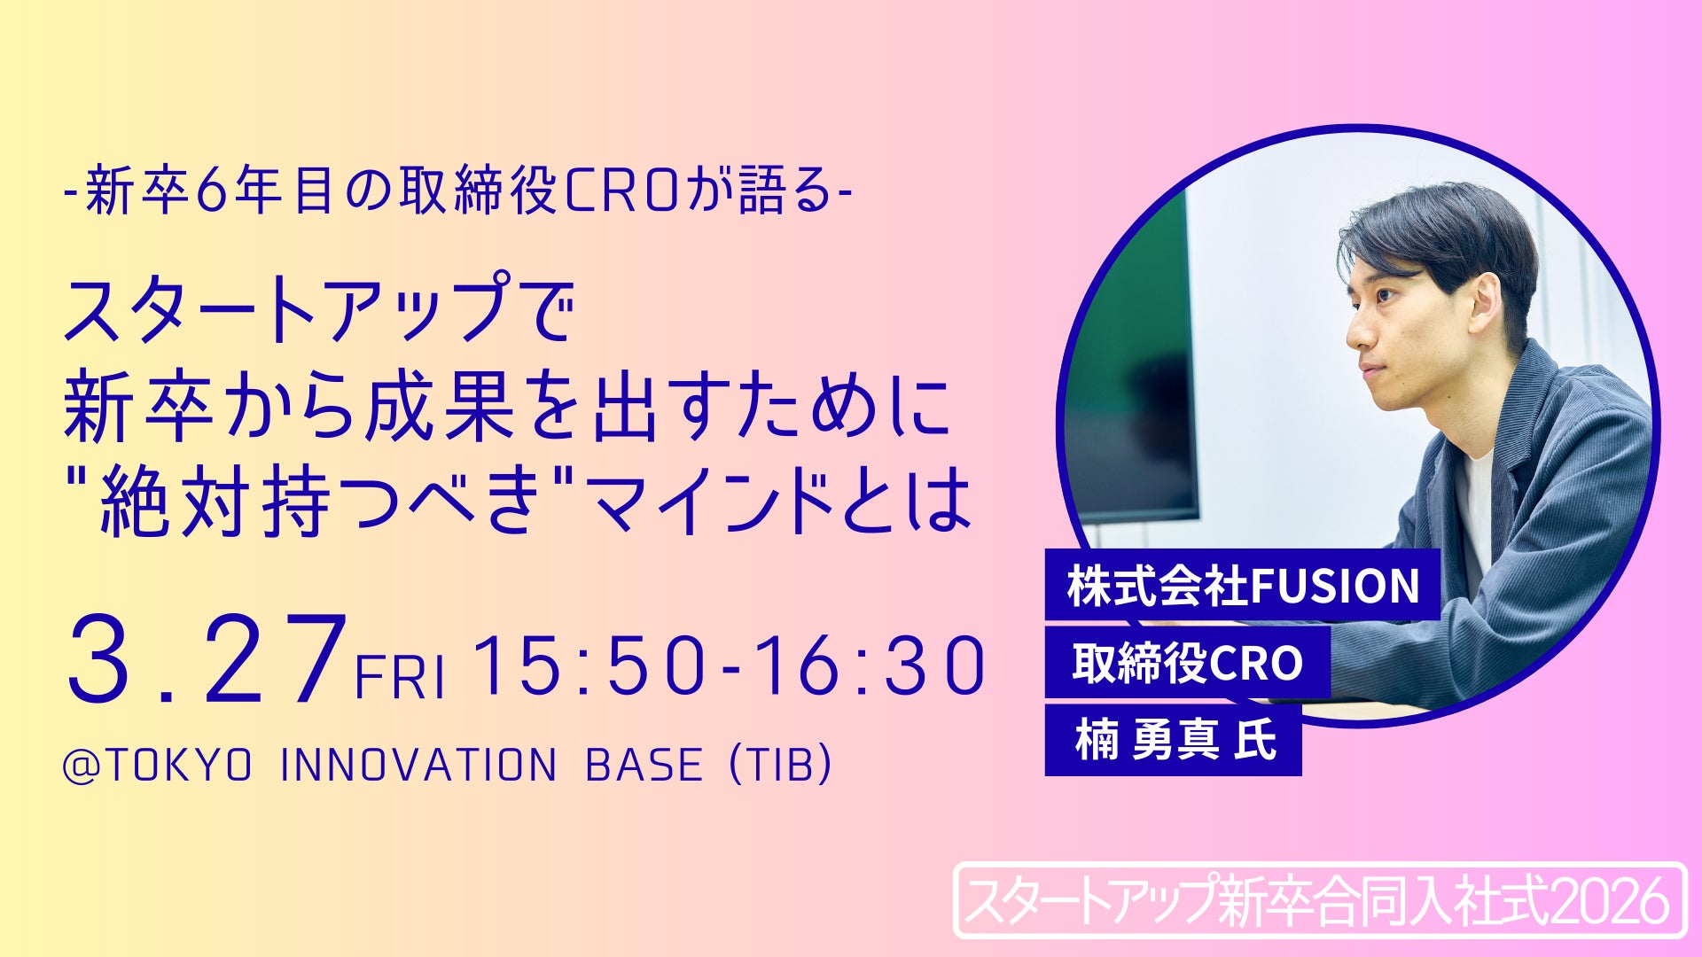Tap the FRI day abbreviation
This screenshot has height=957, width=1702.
pyautogui.click(x=400, y=678)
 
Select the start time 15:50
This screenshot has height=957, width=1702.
pyautogui.click(x=590, y=665)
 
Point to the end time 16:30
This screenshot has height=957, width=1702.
pyautogui.click(x=870, y=665)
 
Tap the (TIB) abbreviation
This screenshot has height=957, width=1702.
pyautogui.click(x=781, y=766)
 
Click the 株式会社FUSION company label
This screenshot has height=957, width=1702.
pyautogui.click(x=1243, y=586)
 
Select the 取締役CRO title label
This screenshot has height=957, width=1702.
pyautogui.click(x=1188, y=663)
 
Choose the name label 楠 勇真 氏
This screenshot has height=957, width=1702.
pyautogui.click(x=1174, y=740)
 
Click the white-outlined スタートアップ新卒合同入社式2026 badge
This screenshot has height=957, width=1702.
pyautogui.click(x=1320, y=900)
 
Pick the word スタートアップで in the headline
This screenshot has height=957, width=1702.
pyautogui.click(x=319, y=307)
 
